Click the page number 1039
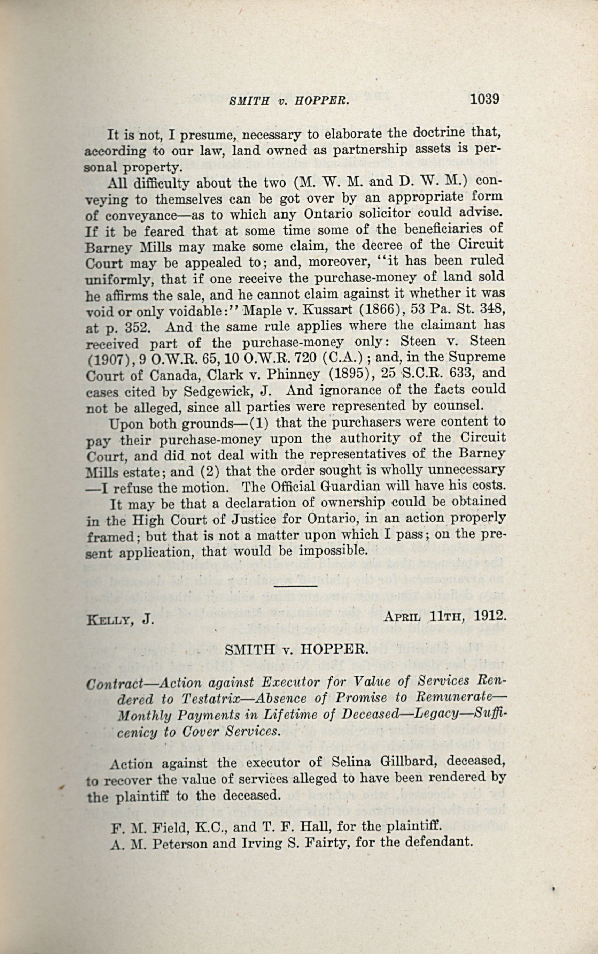485,99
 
